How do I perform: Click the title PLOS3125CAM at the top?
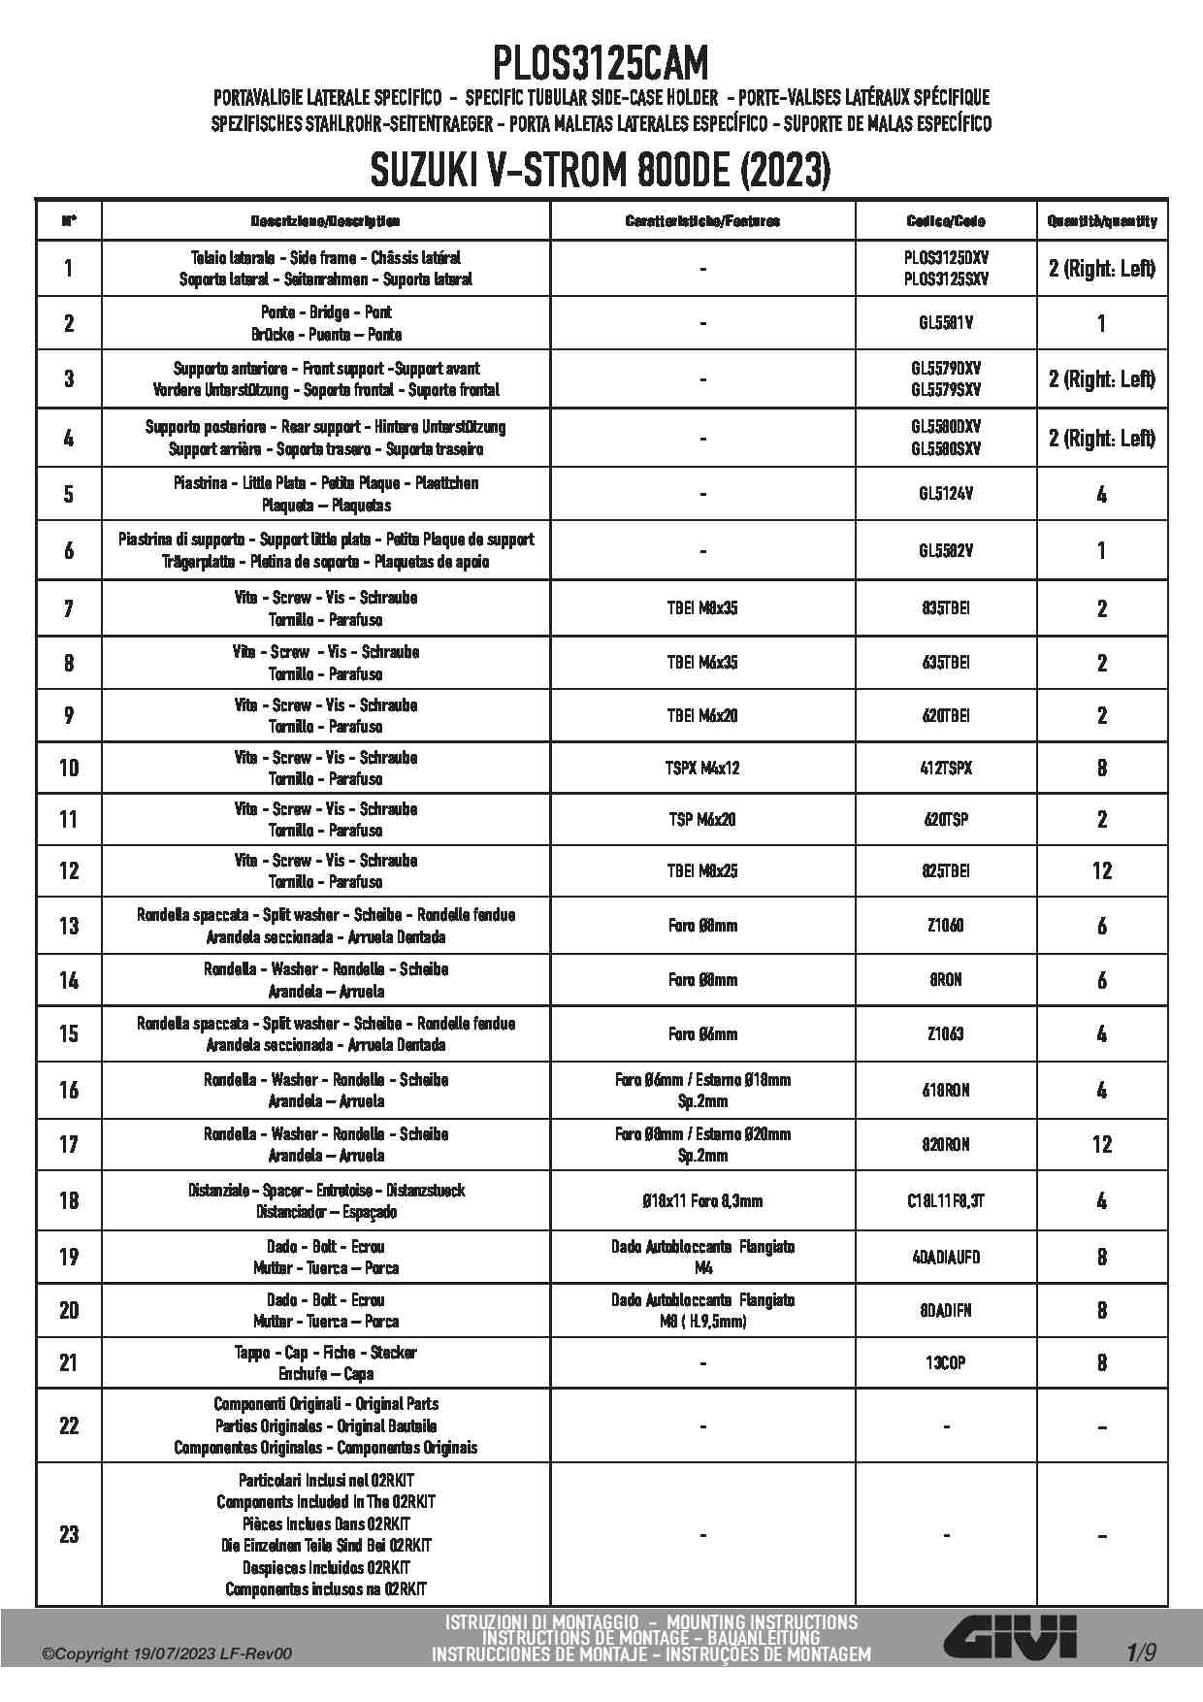601,64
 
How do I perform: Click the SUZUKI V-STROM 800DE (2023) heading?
601,173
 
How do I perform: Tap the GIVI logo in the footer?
1010,1637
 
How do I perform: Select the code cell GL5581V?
945,323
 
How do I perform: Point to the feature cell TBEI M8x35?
702,608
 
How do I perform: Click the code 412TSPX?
945,768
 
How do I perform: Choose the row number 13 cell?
69,926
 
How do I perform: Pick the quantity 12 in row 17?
1101,1144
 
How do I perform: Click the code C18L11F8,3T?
945,1200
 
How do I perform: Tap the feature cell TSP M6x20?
702,820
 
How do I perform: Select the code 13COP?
945,1362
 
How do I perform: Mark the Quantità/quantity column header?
1101,221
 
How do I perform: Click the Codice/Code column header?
945,221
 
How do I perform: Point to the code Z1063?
945,1034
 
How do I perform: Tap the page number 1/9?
1141,1653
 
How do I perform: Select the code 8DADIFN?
945,1310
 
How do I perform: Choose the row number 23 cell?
69,1534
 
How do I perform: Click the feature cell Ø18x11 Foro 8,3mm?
702,1200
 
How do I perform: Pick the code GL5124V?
945,494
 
